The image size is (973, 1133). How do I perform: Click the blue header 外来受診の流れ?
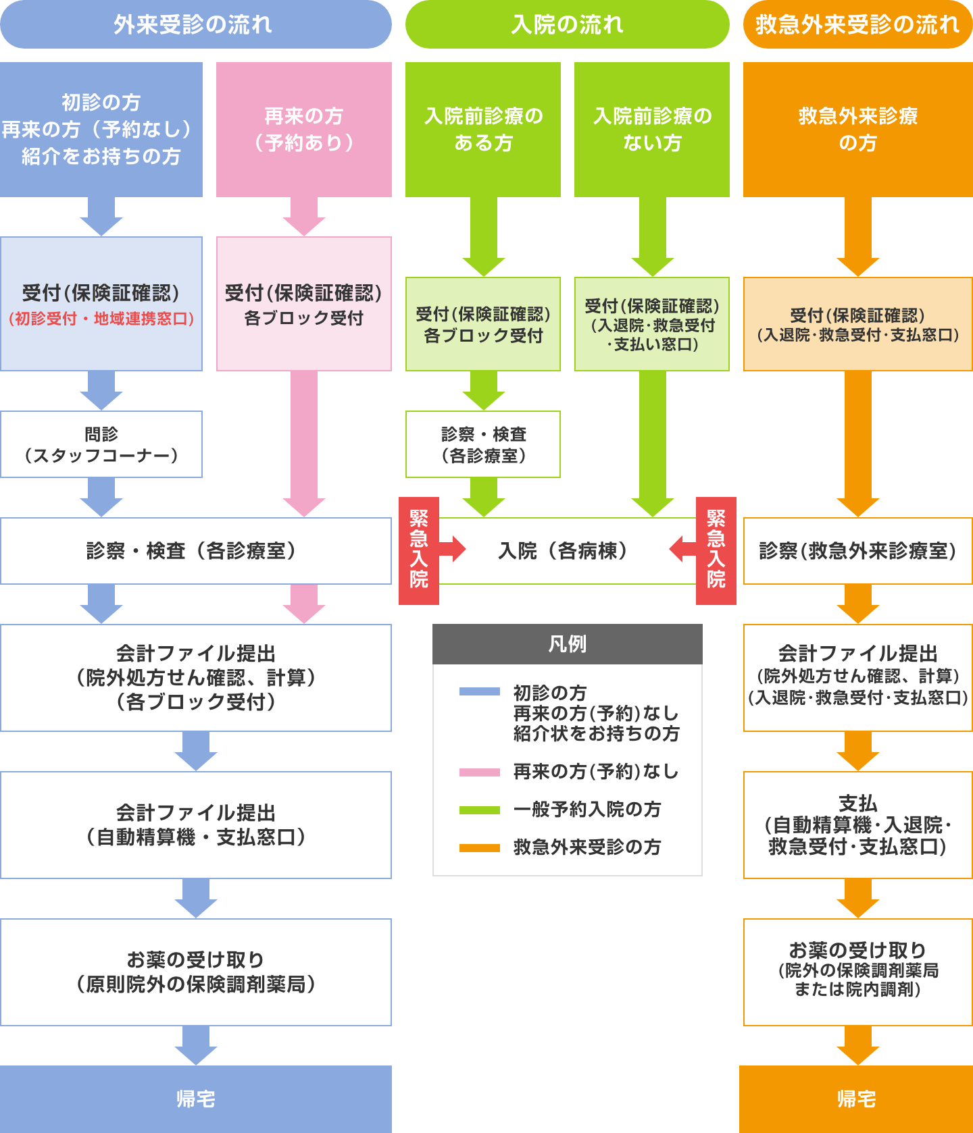pyautogui.click(x=195, y=25)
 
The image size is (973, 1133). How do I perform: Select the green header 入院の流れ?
pyautogui.click(x=567, y=25)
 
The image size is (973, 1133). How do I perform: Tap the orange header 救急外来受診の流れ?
pyautogui.click(x=857, y=25)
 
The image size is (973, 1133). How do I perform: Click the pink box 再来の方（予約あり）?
pyautogui.click(x=303, y=130)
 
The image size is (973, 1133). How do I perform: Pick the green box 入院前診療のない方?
pyautogui.click(x=651, y=130)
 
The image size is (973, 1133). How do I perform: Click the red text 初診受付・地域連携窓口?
pyautogui.click(x=101, y=319)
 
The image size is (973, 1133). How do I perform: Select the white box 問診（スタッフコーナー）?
pyautogui.click(x=101, y=444)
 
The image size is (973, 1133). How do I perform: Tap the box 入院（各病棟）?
pyautogui.click(x=566, y=551)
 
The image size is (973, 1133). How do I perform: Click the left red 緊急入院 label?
pyautogui.click(x=419, y=550)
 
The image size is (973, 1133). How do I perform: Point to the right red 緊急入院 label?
pyautogui.click(x=716, y=550)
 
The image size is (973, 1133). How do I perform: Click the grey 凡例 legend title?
pyautogui.click(x=567, y=644)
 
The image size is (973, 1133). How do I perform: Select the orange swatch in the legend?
pyautogui.click(x=479, y=847)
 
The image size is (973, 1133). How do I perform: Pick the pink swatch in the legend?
pyautogui.click(x=479, y=772)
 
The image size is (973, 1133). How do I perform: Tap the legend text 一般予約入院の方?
pyautogui.click(x=587, y=809)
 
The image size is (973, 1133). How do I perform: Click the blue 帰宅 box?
pyautogui.click(x=195, y=1099)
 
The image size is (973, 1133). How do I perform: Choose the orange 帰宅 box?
pyautogui.click(x=856, y=1099)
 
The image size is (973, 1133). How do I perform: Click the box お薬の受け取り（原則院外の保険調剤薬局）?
pyautogui.click(x=195, y=972)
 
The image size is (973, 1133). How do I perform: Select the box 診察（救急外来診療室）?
pyautogui.click(x=857, y=551)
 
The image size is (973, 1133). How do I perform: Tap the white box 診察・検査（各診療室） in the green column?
pyautogui.click(x=483, y=444)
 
